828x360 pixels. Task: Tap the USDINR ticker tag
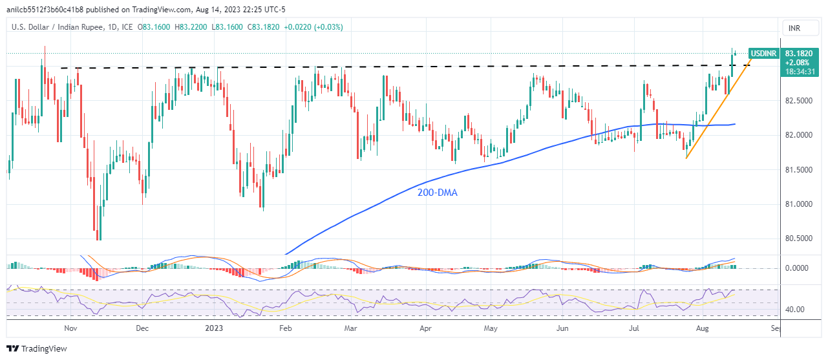pyautogui.click(x=762, y=54)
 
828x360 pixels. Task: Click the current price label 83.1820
pyautogui.click(x=798, y=54)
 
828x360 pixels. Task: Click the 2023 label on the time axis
pyautogui.click(x=213, y=328)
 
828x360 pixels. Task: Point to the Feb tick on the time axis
pyautogui.click(x=285, y=328)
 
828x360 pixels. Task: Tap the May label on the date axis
pyautogui.click(x=491, y=328)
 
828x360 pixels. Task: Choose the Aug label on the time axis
pyautogui.click(x=704, y=328)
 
